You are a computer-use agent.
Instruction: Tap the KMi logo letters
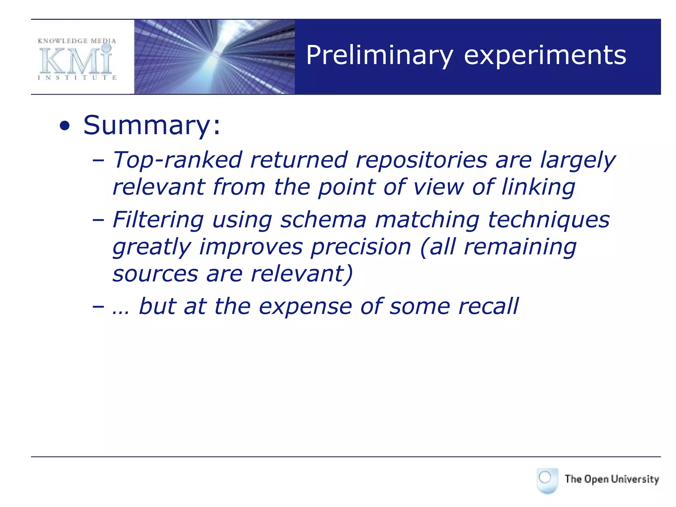tap(76, 61)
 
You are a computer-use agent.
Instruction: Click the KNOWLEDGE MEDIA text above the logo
tap(77, 41)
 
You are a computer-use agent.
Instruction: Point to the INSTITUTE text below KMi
tap(77, 78)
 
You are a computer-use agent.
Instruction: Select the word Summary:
tap(152, 125)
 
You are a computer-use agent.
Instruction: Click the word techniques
tap(548, 220)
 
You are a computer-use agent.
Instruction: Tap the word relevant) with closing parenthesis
tap(302, 274)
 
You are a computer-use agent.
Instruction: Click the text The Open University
tap(612, 479)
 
